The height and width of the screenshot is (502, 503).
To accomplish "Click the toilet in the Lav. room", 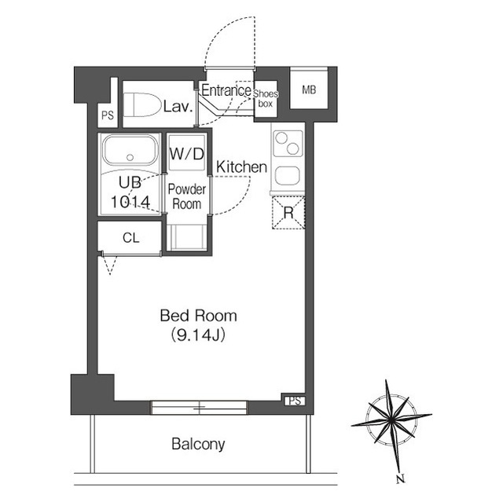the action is tap(142, 104).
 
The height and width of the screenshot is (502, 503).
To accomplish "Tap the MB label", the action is tap(309, 90).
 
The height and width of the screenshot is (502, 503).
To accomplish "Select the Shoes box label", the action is tap(266, 99).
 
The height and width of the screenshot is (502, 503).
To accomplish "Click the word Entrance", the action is tap(226, 90).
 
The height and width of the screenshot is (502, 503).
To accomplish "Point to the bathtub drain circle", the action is tap(130, 157).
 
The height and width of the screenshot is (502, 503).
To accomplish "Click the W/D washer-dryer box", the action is tap(187, 153).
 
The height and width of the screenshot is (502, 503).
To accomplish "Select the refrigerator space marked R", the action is tap(288, 213).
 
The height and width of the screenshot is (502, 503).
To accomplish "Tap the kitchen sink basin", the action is tap(288, 176).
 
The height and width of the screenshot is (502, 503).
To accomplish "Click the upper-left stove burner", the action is tap(281, 138).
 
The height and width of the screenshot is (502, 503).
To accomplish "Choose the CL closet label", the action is tap(131, 238).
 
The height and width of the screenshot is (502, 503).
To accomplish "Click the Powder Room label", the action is tap(187, 196).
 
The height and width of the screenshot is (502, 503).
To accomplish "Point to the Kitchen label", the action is tap(241, 167).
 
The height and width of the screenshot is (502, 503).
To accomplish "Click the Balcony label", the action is tap(198, 445).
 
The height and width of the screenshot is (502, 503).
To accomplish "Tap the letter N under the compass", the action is tap(400, 479).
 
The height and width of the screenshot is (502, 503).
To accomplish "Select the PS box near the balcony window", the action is tap(295, 401).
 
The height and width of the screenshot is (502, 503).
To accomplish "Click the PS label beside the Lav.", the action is tap(108, 115).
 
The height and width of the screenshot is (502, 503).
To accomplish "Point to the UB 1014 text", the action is tap(130, 192).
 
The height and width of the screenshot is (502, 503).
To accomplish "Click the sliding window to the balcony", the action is tap(199, 408).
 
